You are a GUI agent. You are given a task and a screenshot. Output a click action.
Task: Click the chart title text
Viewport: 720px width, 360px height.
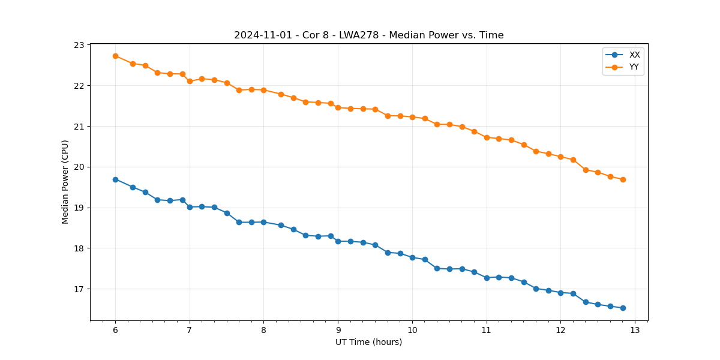point(368,35)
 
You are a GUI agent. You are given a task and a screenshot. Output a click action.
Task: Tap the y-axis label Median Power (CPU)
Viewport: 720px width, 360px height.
point(65,182)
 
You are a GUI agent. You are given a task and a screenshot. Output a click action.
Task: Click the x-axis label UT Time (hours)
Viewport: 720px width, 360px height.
point(368,342)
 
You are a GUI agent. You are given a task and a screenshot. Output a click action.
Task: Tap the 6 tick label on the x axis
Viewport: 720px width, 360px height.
point(115,331)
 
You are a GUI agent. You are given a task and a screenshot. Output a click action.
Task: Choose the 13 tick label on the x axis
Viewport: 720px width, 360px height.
point(635,331)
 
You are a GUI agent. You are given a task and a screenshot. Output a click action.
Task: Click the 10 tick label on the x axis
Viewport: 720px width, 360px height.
point(412,331)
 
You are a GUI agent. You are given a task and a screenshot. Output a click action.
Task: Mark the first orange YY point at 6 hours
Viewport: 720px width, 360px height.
point(115,56)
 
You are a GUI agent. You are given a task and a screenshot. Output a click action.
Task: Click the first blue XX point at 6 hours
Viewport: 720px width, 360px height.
point(115,179)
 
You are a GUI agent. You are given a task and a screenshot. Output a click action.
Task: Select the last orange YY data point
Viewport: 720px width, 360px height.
point(623,179)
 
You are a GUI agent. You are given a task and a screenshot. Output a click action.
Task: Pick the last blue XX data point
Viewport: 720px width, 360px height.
point(623,308)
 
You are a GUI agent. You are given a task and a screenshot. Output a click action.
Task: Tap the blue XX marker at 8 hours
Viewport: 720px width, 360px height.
point(263,222)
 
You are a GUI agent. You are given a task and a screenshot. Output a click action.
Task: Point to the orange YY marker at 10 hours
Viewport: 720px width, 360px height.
point(412,117)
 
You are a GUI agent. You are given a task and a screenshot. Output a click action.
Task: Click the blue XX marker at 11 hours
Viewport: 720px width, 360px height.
point(487,278)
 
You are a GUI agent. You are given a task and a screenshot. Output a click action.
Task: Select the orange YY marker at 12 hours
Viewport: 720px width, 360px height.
point(560,157)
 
